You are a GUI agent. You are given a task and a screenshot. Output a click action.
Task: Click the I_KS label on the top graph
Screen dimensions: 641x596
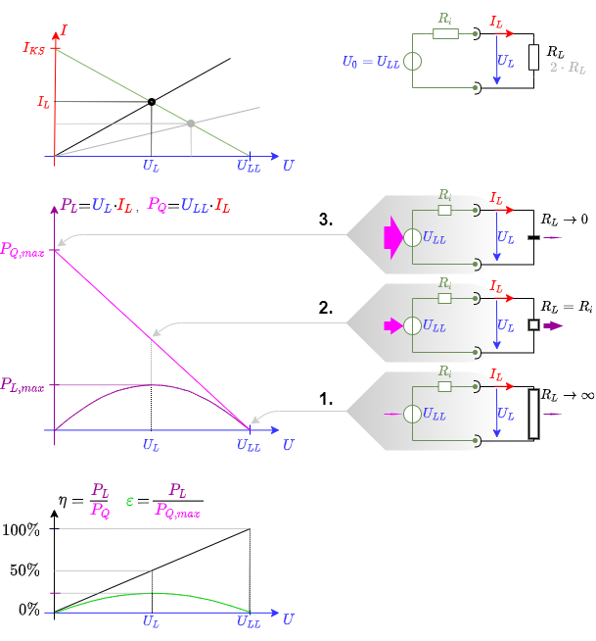33,48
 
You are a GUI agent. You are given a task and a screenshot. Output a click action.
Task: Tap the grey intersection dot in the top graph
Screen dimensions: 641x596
191,123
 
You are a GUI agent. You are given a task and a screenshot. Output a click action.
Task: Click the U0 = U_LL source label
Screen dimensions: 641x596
371,62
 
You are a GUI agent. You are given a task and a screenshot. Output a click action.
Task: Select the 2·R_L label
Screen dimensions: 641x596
568,68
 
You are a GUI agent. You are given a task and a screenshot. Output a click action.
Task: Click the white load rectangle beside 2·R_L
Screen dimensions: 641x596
533,57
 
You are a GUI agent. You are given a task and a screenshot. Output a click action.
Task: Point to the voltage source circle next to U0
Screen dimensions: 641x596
412,61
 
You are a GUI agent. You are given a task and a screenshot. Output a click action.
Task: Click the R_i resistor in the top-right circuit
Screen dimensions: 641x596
445,33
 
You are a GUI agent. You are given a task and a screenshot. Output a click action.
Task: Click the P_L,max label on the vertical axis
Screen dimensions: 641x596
23,385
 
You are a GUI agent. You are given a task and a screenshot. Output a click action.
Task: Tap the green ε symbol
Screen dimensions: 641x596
129,502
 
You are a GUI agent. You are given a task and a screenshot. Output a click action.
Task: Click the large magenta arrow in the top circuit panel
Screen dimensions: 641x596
391,237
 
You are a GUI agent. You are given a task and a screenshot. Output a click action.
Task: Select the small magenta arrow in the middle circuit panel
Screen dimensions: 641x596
393,325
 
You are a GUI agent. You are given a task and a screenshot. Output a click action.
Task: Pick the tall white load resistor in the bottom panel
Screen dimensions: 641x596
533,414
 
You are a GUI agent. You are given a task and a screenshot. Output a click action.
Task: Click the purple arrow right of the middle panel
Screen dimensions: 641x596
554,325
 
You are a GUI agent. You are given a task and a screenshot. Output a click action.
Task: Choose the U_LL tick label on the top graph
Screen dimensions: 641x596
249,167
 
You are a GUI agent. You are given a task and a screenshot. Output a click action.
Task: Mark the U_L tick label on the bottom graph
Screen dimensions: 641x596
151,621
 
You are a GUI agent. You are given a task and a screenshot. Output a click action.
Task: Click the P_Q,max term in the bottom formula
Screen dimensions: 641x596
177,512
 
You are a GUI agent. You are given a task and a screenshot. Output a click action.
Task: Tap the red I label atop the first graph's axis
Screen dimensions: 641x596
64,30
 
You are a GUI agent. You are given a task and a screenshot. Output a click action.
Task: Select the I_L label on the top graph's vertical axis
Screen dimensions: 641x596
43,101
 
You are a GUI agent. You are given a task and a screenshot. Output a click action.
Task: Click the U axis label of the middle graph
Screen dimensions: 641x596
288,445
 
